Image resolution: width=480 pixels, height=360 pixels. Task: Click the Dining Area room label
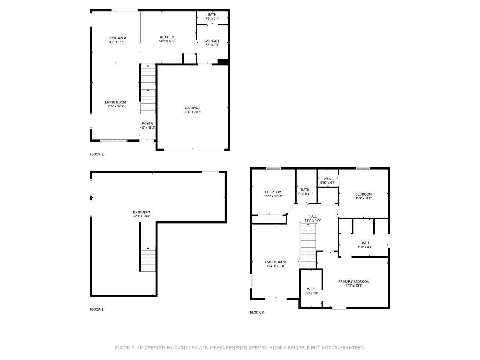point(116,38)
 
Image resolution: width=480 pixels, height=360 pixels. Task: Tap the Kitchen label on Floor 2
point(167,37)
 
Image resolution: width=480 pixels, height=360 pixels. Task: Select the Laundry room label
point(212,41)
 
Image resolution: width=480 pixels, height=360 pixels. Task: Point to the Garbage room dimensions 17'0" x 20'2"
point(192,112)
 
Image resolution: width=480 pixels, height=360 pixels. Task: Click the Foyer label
point(147,123)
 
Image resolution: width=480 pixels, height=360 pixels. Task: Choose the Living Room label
point(115,102)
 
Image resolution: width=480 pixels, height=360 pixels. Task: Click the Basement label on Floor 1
point(141,212)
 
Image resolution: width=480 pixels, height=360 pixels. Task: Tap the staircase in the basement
point(148,259)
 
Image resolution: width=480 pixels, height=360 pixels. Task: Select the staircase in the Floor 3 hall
point(308,245)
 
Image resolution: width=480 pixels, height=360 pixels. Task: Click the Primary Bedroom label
point(354,281)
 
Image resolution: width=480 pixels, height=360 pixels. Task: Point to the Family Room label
point(276,262)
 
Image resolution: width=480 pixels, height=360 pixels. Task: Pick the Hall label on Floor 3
point(313,216)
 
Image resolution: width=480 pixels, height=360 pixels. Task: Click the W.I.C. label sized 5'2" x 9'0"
point(311,289)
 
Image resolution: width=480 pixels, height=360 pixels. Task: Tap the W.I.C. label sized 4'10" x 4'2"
point(328,178)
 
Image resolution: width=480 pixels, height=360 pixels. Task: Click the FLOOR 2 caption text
point(96,154)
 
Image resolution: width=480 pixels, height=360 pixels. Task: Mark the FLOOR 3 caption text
point(257,313)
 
